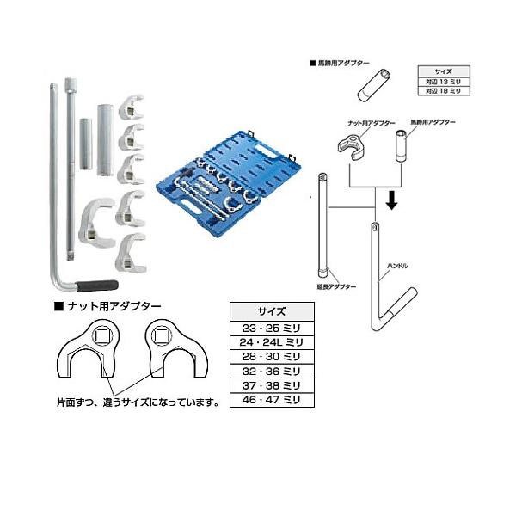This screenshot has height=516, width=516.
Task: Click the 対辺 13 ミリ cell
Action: click(443, 81)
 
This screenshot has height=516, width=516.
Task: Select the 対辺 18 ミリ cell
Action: click(443, 89)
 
